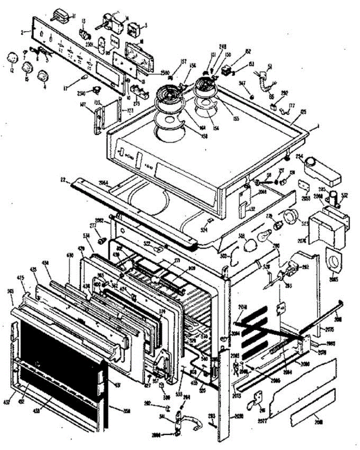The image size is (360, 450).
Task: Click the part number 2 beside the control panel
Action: tap(23, 32)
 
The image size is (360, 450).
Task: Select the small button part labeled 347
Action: tap(252, 97)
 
